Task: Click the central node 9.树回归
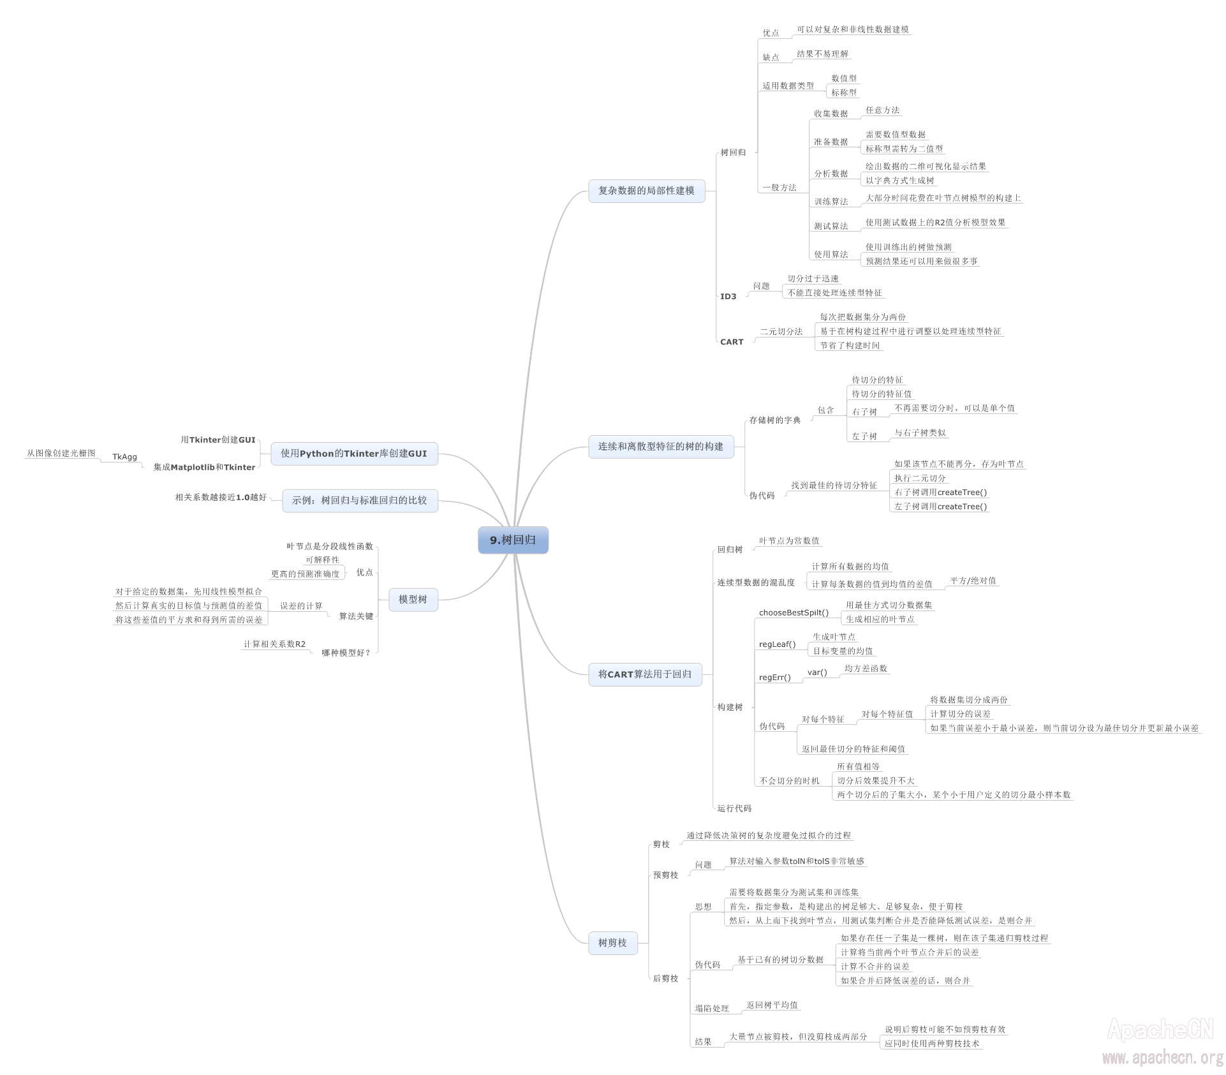tap(513, 540)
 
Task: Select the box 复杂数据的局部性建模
tap(646, 191)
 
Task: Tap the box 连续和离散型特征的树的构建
tap(660, 447)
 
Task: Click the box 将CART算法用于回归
tap(644, 674)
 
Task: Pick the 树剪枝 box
tap(612, 943)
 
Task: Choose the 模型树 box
tap(413, 600)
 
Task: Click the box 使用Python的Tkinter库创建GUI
tap(354, 454)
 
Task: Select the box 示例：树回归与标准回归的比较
tap(359, 501)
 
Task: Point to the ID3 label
tap(728, 297)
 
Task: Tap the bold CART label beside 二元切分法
tap(732, 342)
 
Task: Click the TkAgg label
tap(124, 457)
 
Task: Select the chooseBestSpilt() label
tap(794, 613)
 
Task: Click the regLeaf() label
tap(777, 644)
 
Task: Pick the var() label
tap(817, 672)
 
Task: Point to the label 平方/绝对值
tap(973, 581)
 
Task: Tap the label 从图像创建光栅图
tap(61, 454)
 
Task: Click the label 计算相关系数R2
tap(274, 644)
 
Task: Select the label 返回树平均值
tap(772, 1005)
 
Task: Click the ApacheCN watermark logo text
tap(1160, 1030)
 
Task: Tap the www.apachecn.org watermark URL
tap(1162, 1058)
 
